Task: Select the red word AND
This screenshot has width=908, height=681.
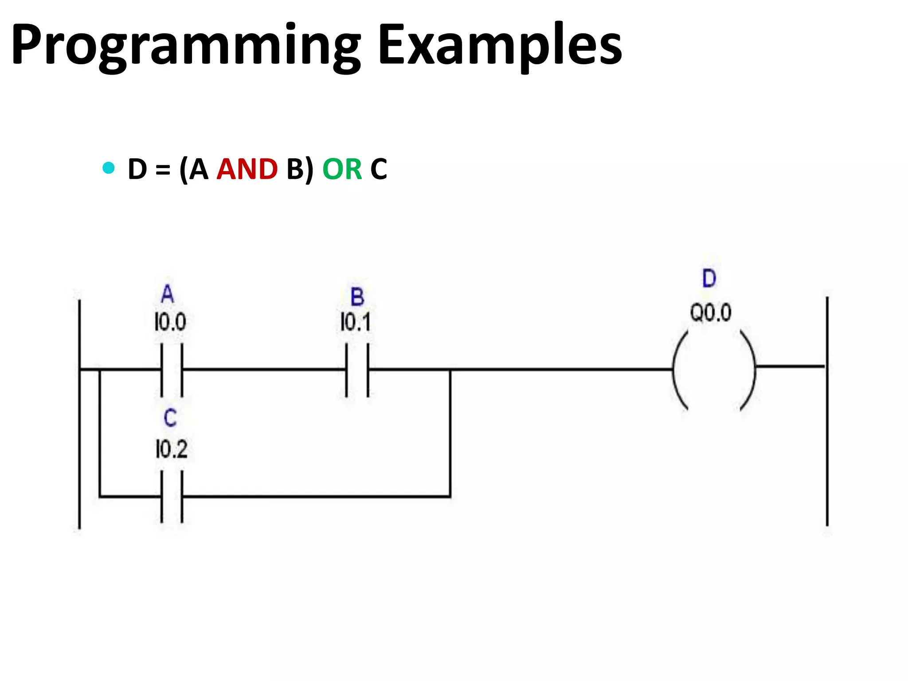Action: click(247, 169)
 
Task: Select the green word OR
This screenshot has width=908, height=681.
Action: click(342, 169)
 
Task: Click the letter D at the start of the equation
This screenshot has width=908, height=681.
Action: click(137, 169)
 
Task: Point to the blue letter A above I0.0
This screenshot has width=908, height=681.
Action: click(168, 294)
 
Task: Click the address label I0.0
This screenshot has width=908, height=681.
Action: click(170, 322)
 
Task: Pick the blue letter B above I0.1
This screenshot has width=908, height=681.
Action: click(357, 297)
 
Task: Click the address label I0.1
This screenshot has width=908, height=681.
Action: click(355, 322)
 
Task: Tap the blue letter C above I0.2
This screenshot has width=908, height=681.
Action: click(170, 418)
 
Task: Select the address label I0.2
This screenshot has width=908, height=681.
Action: click(172, 449)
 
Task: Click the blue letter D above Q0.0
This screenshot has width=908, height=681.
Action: click(709, 278)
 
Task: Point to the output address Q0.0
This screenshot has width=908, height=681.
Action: click(710, 313)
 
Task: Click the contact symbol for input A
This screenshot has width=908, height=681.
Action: click(172, 369)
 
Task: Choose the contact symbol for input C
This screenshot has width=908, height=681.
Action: click(172, 497)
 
